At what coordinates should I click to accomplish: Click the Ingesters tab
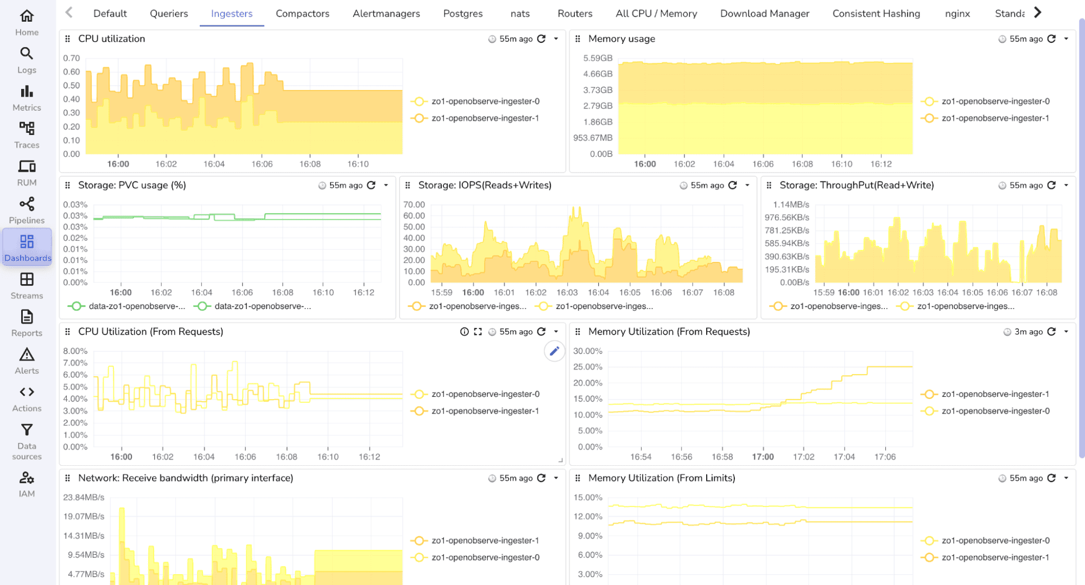pyautogui.click(x=232, y=14)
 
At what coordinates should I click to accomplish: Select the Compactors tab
pyautogui.click(x=302, y=14)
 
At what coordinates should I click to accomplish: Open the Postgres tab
pyautogui.click(x=462, y=14)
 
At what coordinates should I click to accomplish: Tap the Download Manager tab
pyautogui.click(x=764, y=14)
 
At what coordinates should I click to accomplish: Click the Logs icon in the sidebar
pyautogui.click(x=27, y=60)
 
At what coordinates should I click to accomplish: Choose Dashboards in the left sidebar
pyautogui.click(x=27, y=248)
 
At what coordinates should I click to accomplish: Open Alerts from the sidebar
pyautogui.click(x=27, y=361)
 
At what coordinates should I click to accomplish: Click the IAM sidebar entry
pyautogui.click(x=27, y=484)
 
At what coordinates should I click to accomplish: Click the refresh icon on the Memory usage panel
pyautogui.click(x=1051, y=39)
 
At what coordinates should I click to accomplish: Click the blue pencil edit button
pyautogui.click(x=554, y=351)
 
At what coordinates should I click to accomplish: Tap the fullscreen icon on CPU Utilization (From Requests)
pyautogui.click(x=478, y=332)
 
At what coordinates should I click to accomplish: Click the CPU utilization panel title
pyautogui.click(x=111, y=39)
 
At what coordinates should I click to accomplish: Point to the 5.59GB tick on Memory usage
pyautogui.click(x=598, y=58)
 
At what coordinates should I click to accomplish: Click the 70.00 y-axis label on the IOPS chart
pyautogui.click(x=414, y=204)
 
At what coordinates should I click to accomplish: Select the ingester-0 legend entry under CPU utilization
pyautogui.click(x=485, y=101)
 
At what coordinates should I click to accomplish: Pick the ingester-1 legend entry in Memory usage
pyautogui.click(x=995, y=118)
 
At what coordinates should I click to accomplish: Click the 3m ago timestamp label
pyautogui.click(x=1028, y=332)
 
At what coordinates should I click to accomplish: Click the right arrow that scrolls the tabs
pyautogui.click(x=1037, y=12)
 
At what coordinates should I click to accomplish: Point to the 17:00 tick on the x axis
pyautogui.click(x=763, y=457)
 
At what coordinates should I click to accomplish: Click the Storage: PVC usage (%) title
pyautogui.click(x=132, y=185)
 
